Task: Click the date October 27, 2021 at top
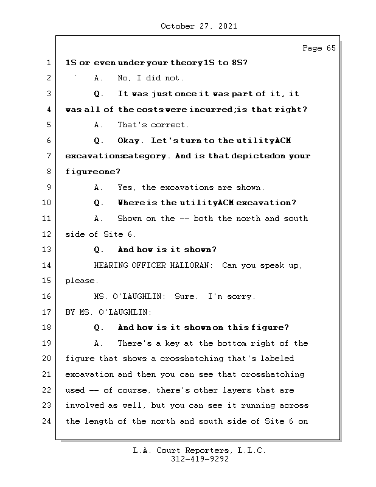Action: pos(199,26)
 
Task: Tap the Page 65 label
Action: pos(319,48)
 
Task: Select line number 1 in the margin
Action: pos(47,63)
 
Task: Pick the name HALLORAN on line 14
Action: pos(191,265)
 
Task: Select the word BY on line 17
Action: pos(70,312)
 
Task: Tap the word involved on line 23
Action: pos(84,405)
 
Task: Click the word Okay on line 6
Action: pos(129,141)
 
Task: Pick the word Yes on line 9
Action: pos(126,187)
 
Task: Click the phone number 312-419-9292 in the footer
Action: pos(199,460)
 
